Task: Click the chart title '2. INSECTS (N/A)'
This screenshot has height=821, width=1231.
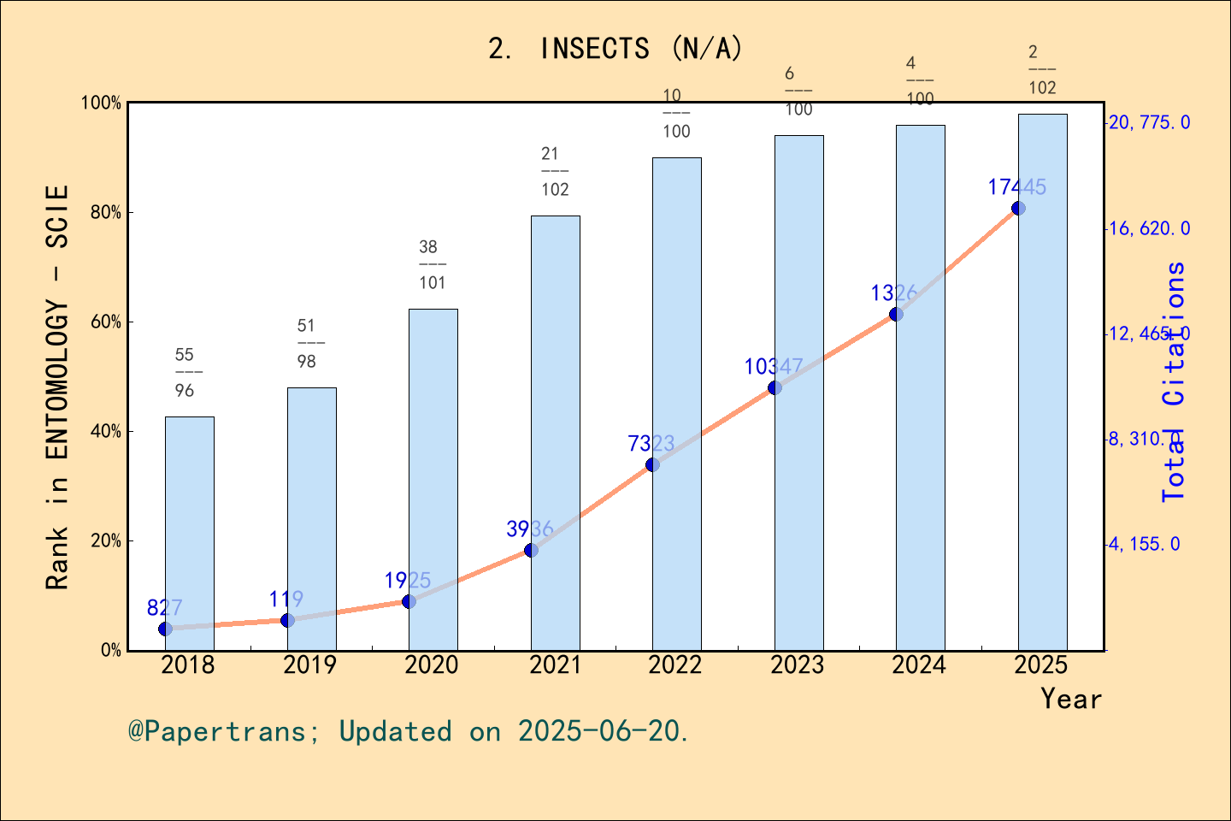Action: (615, 49)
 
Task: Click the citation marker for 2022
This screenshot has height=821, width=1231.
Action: (652, 464)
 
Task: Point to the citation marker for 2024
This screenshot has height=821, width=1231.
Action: (896, 314)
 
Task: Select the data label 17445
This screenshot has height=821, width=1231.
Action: (1016, 187)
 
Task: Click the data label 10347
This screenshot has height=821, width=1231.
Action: (773, 367)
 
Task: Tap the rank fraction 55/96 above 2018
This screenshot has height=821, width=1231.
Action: (186, 372)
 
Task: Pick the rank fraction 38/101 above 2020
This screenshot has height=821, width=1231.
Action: (432, 264)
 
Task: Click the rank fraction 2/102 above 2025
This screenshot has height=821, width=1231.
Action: (1041, 70)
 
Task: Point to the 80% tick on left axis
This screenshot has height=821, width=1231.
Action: (106, 212)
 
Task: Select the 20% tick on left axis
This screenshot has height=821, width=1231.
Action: (106, 540)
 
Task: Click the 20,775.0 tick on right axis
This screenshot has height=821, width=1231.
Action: (1148, 122)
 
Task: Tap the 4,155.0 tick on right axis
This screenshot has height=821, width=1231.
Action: (1144, 544)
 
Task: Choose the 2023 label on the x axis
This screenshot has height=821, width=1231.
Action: (797, 664)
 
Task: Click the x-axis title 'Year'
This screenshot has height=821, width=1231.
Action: (1070, 699)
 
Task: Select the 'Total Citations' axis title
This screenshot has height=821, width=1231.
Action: (1175, 381)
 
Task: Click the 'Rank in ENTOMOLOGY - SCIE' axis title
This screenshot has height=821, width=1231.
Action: (57, 387)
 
